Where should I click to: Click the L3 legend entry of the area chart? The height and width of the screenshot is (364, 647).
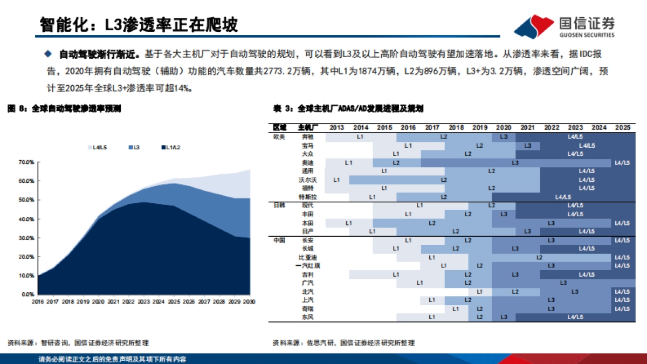tap(133, 147)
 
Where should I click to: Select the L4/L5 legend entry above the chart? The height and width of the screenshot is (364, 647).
tap(97, 147)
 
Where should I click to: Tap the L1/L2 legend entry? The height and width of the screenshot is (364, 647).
tap(173, 147)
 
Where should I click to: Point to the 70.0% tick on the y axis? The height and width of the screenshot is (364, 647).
tap(26, 162)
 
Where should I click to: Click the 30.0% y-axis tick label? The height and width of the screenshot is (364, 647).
tap(26, 238)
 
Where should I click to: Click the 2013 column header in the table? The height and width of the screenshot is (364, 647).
tap(337, 127)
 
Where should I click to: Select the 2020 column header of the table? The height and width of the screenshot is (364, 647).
tap(504, 127)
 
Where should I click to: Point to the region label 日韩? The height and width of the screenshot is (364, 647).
tap(280, 205)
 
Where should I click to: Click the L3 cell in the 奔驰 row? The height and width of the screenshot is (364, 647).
tap(504, 137)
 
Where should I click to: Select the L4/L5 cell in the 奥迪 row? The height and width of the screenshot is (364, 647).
tap(622, 162)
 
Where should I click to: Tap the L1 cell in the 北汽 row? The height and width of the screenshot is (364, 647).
tap(479, 292)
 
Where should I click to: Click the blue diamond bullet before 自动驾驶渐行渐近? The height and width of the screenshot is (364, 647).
tap(47, 54)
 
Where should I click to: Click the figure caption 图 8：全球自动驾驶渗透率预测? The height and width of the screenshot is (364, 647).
tap(64, 108)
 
